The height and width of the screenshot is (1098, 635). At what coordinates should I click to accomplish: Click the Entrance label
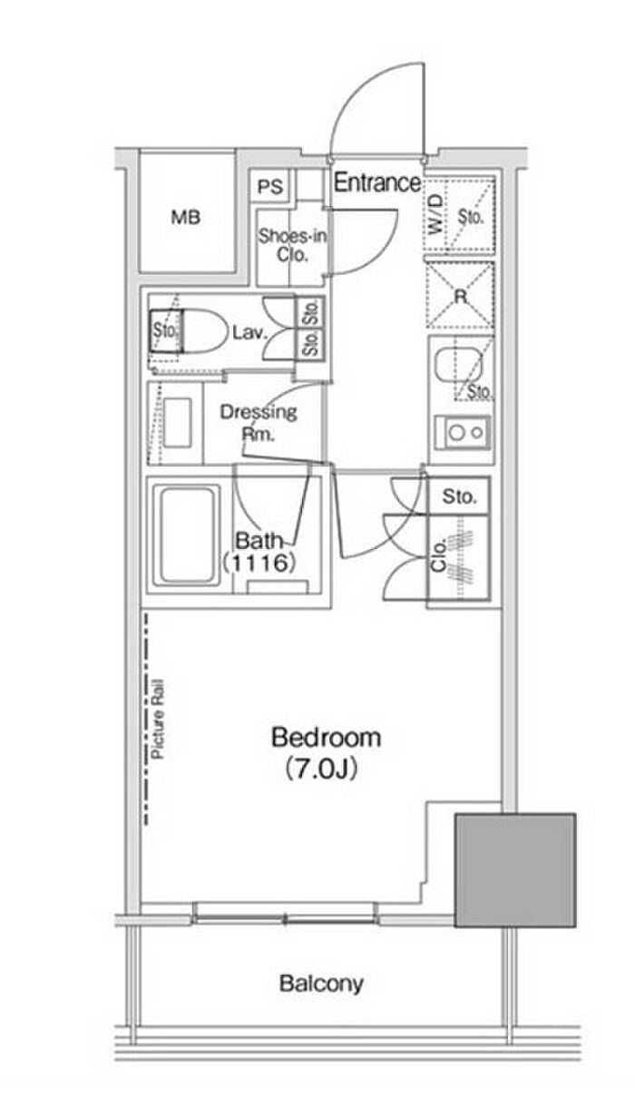coord(376,182)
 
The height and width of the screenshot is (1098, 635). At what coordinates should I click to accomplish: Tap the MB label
coord(186,217)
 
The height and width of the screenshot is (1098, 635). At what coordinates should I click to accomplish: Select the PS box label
coord(270,187)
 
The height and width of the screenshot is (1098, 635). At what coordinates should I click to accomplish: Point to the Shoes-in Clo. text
coord(292,245)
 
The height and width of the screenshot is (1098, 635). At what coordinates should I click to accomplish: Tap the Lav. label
coord(249,333)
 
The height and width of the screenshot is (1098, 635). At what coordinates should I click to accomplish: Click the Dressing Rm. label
coord(259,423)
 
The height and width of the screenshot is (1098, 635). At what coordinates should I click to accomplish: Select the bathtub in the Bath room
coord(187,535)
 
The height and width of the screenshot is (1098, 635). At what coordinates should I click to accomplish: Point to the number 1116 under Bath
coord(259,563)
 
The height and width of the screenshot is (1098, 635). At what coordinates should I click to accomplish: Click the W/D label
coord(436,214)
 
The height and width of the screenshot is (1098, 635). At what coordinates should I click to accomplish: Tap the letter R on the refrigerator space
coord(460,296)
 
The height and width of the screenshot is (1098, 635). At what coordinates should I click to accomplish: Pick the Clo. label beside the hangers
coord(438,554)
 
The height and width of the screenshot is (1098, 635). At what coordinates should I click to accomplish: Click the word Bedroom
coord(326,737)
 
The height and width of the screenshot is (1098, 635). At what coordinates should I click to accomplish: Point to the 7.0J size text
coord(321,770)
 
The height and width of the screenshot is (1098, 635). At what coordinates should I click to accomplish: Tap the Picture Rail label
coord(157,720)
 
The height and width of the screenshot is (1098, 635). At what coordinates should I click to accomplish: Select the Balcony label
coord(321,983)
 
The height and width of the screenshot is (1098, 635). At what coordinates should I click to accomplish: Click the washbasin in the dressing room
coord(177,423)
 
